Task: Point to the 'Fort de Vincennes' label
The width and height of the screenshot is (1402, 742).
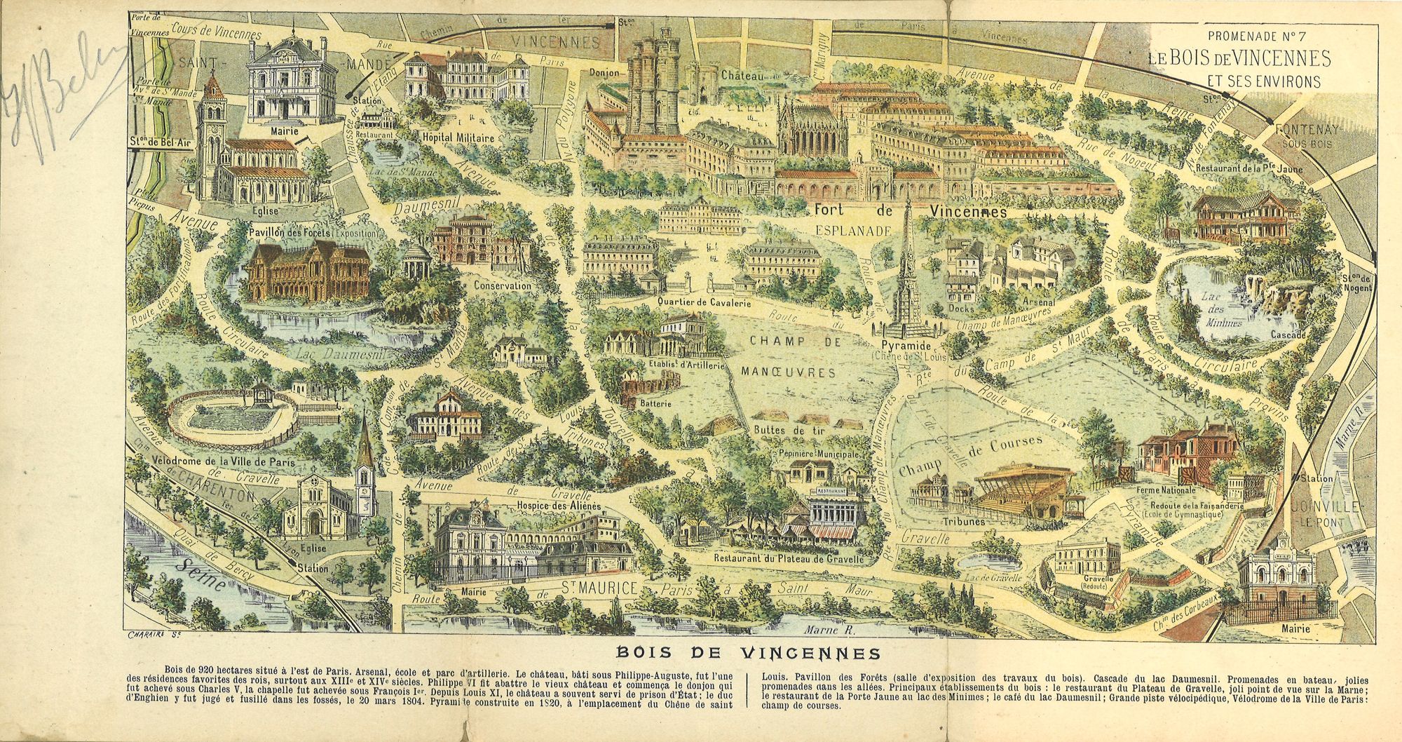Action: (x=910, y=211)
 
